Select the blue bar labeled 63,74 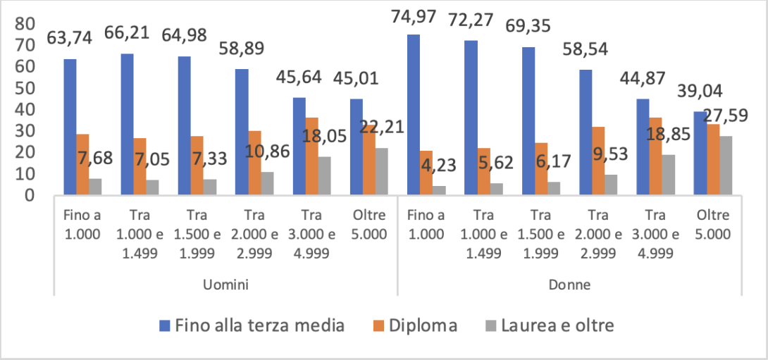pyautogui.click(x=70, y=127)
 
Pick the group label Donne pyautogui.click(x=569, y=285)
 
